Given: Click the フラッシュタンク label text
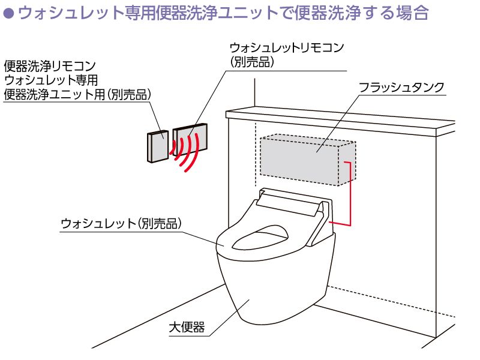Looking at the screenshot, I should (401, 87).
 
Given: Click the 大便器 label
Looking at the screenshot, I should (187, 327).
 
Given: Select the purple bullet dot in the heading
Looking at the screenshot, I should (8, 14).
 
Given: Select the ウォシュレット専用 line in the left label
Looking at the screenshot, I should (50, 80).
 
